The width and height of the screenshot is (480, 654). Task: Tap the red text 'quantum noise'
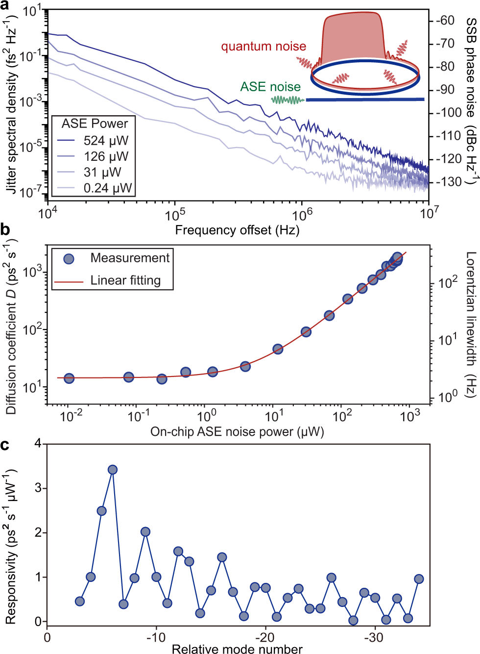(x=264, y=47)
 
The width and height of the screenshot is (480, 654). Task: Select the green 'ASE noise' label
(x=270, y=87)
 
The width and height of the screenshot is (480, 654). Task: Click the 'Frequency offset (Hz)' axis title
(x=237, y=230)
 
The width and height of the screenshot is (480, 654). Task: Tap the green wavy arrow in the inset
(x=288, y=100)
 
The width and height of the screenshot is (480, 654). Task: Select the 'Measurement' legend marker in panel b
(x=69, y=258)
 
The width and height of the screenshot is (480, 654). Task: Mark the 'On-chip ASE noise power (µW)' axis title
(x=237, y=432)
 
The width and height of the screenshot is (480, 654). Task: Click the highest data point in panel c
(x=113, y=470)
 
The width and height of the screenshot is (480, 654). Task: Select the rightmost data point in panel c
(x=419, y=579)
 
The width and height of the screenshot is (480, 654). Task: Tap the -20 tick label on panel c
(x=265, y=637)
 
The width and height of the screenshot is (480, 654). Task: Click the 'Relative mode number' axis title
(x=237, y=649)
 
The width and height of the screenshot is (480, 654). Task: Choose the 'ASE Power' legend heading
(x=95, y=124)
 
